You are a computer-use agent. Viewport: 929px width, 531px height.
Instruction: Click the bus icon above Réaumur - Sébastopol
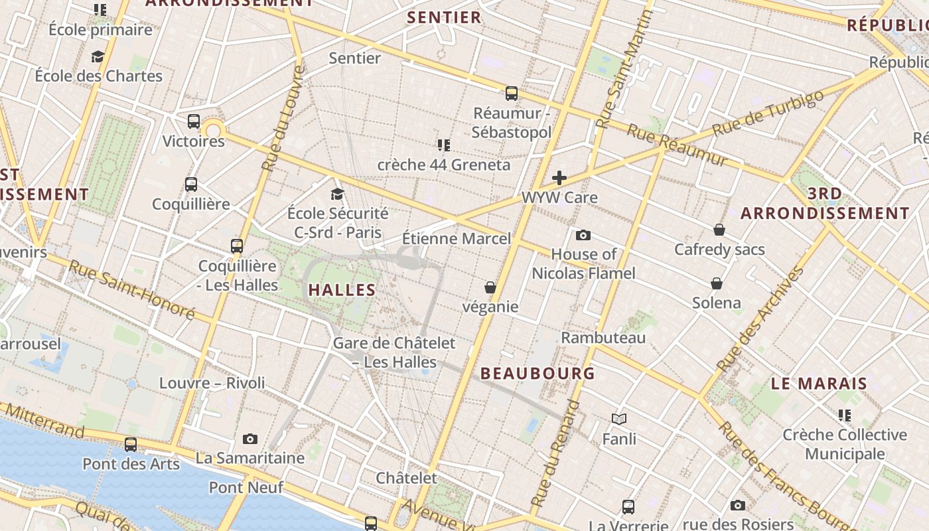pos(512,94)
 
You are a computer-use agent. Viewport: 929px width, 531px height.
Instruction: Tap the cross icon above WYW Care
pos(559,178)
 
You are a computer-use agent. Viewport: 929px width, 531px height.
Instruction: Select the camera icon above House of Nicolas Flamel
pos(583,235)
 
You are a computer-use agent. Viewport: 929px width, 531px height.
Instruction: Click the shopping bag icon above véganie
pos(490,287)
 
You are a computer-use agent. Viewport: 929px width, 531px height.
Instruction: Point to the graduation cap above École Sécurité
pos(338,194)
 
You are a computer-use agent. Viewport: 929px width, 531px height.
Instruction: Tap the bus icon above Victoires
pos(194,121)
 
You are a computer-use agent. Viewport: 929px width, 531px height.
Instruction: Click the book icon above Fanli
pos(619,419)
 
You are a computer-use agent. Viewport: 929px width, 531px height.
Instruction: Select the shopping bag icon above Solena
pos(717,284)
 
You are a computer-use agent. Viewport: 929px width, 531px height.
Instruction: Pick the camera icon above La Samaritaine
pos(250,439)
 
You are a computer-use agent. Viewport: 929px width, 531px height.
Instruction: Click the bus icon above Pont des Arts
pos(131,445)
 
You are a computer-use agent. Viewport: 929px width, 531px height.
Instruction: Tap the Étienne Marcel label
pos(457,239)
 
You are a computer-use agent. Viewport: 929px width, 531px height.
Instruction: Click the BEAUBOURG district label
pos(537,374)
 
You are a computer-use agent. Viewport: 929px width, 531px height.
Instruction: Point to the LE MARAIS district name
pos(819,384)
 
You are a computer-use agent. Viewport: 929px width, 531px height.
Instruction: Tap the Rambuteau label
pos(603,338)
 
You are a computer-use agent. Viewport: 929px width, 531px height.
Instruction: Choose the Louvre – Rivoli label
pos(212,383)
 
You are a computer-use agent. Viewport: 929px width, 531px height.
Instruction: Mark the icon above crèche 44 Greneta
pos(444,145)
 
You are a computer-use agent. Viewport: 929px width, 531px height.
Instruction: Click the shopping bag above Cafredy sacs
pos(719,230)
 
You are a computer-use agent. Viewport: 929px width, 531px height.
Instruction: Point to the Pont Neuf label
pos(246,488)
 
